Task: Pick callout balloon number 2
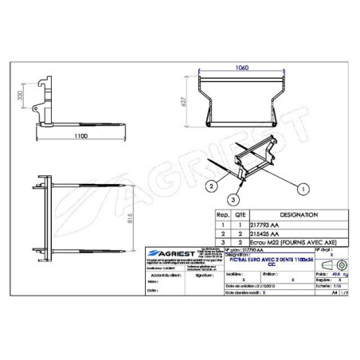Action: pos(210,184)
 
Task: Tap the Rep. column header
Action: pos(224,215)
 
